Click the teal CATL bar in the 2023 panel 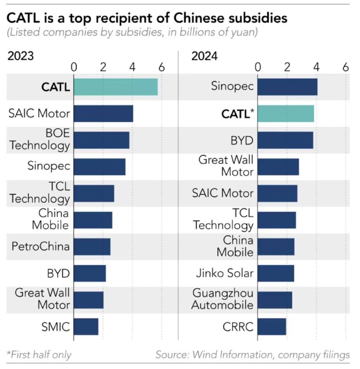point(115,87)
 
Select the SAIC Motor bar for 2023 point(103,113)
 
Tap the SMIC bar point(86,327)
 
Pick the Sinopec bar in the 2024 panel point(287,87)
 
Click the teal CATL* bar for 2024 point(286,113)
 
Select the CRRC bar point(271,327)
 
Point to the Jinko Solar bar point(276,274)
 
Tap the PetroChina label point(41,246)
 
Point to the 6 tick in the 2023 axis point(161,67)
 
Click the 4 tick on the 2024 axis point(316,67)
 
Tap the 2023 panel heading point(20,56)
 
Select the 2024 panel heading point(205,56)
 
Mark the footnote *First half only point(39,355)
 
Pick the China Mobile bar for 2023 point(93,220)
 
